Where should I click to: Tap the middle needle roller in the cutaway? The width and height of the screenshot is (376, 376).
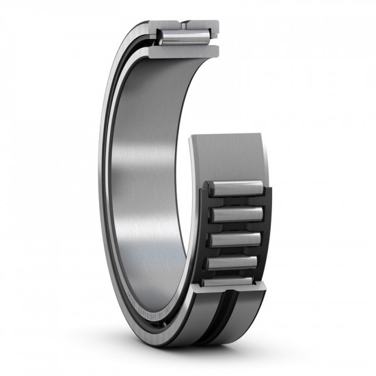234,239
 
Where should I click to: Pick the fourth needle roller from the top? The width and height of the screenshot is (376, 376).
233,262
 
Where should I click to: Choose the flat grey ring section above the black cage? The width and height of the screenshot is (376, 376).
226,154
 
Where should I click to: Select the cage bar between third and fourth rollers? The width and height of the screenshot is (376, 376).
234,251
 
